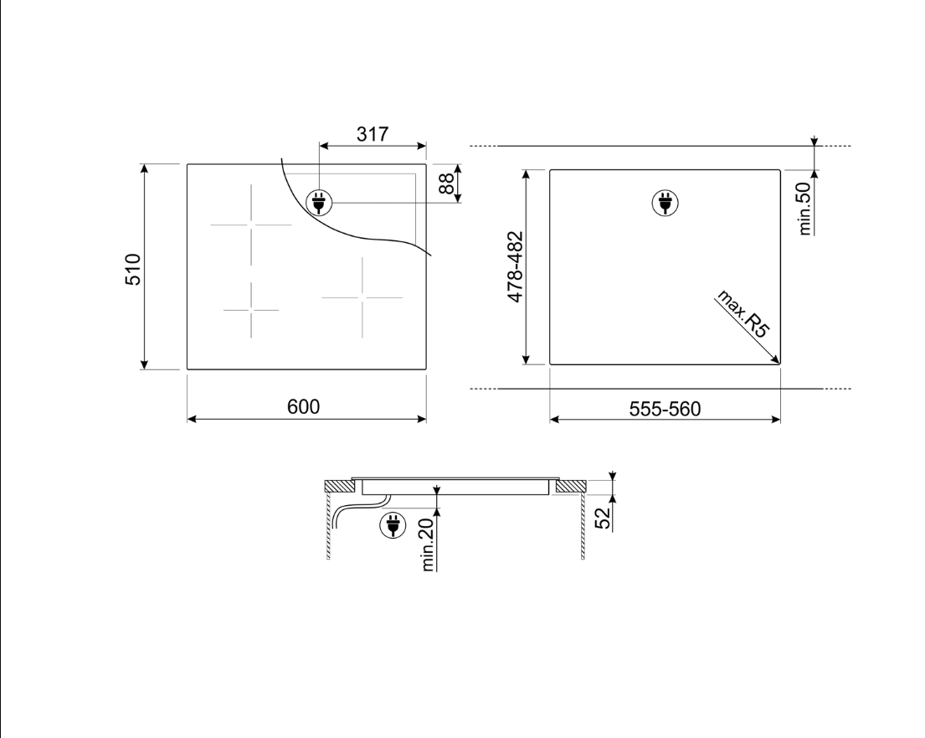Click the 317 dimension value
pos(373,135)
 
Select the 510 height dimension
pos(133,269)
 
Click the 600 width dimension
pos(303,407)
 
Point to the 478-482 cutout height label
pos(515,267)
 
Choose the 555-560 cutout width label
pos(665,409)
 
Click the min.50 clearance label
pos(804,209)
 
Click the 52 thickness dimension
pos(603,519)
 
